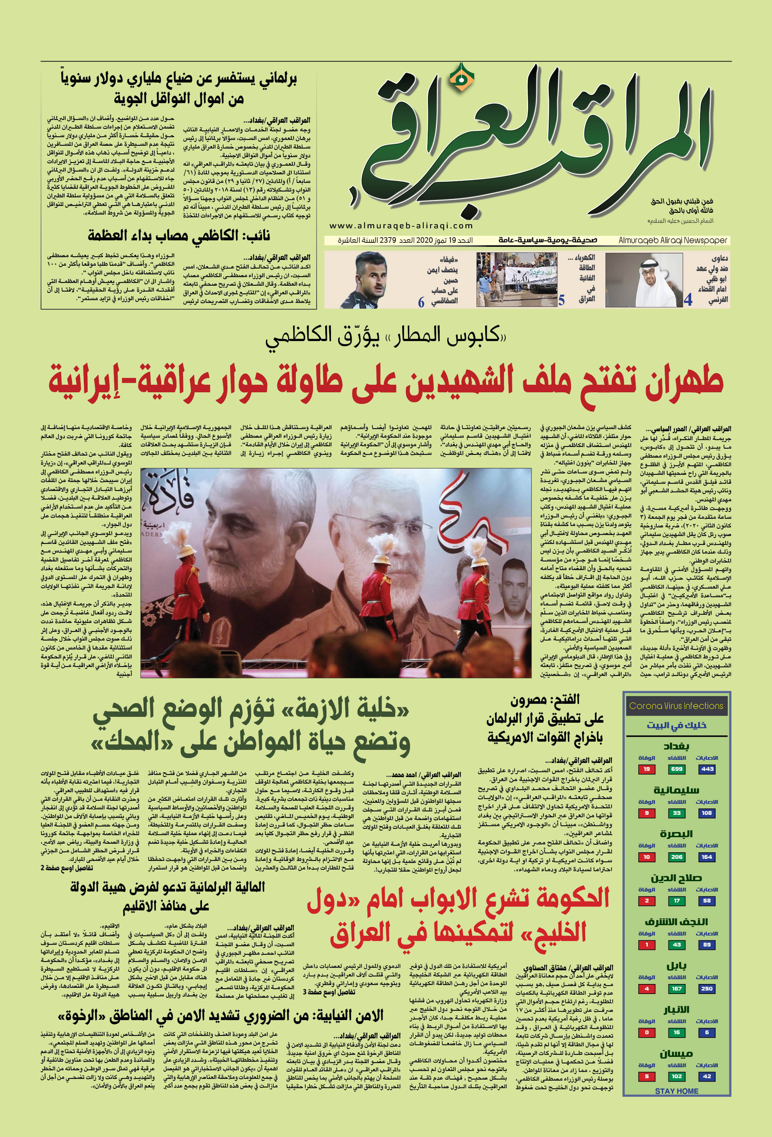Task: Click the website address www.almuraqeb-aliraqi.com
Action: click(401, 226)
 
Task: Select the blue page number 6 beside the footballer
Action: click(421, 302)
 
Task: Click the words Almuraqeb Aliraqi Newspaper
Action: click(673, 240)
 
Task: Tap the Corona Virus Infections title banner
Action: click(676, 706)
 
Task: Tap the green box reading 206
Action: click(677, 857)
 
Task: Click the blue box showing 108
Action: click(707, 813)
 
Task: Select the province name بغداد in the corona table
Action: click(677, 746)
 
